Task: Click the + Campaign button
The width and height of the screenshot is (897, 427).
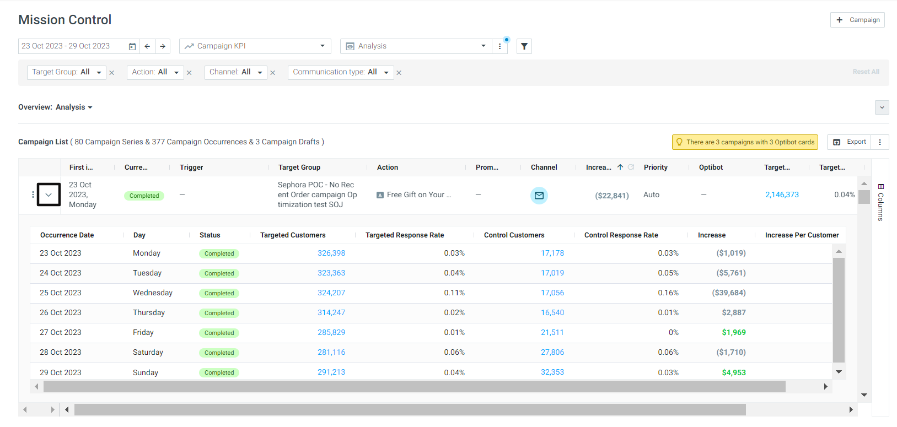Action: point(857,20)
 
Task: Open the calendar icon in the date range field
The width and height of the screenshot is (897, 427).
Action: point(132,46)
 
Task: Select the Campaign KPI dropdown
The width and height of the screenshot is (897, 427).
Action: point(255,46)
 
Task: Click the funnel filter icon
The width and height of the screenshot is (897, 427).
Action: point(524,46)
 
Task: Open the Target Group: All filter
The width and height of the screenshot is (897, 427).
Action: point(67,72)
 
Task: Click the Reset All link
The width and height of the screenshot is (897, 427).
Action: point(866,72)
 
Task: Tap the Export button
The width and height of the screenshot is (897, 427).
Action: point(850,142)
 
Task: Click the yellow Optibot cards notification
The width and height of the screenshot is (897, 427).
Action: point(745,142)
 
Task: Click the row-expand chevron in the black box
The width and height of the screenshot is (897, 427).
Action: point(49,195)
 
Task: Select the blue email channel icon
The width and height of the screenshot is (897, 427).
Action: point(539,195)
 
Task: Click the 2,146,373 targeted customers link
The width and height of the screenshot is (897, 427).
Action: point(782,195)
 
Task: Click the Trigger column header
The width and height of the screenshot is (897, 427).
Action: point(191,167)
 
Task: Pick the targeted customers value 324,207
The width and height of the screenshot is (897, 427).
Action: point(331,293)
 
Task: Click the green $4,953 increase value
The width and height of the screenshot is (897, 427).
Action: point(734,372)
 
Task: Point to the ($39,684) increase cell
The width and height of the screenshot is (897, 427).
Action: point(729,293)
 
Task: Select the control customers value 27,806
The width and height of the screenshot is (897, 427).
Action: point(552,353)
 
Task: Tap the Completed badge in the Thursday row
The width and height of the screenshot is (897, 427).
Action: point(219,313)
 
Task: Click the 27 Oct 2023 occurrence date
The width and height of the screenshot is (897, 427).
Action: point(61,333)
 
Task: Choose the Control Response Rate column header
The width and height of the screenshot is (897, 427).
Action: point(621,235)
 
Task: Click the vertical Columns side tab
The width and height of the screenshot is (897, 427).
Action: point(880,203)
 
